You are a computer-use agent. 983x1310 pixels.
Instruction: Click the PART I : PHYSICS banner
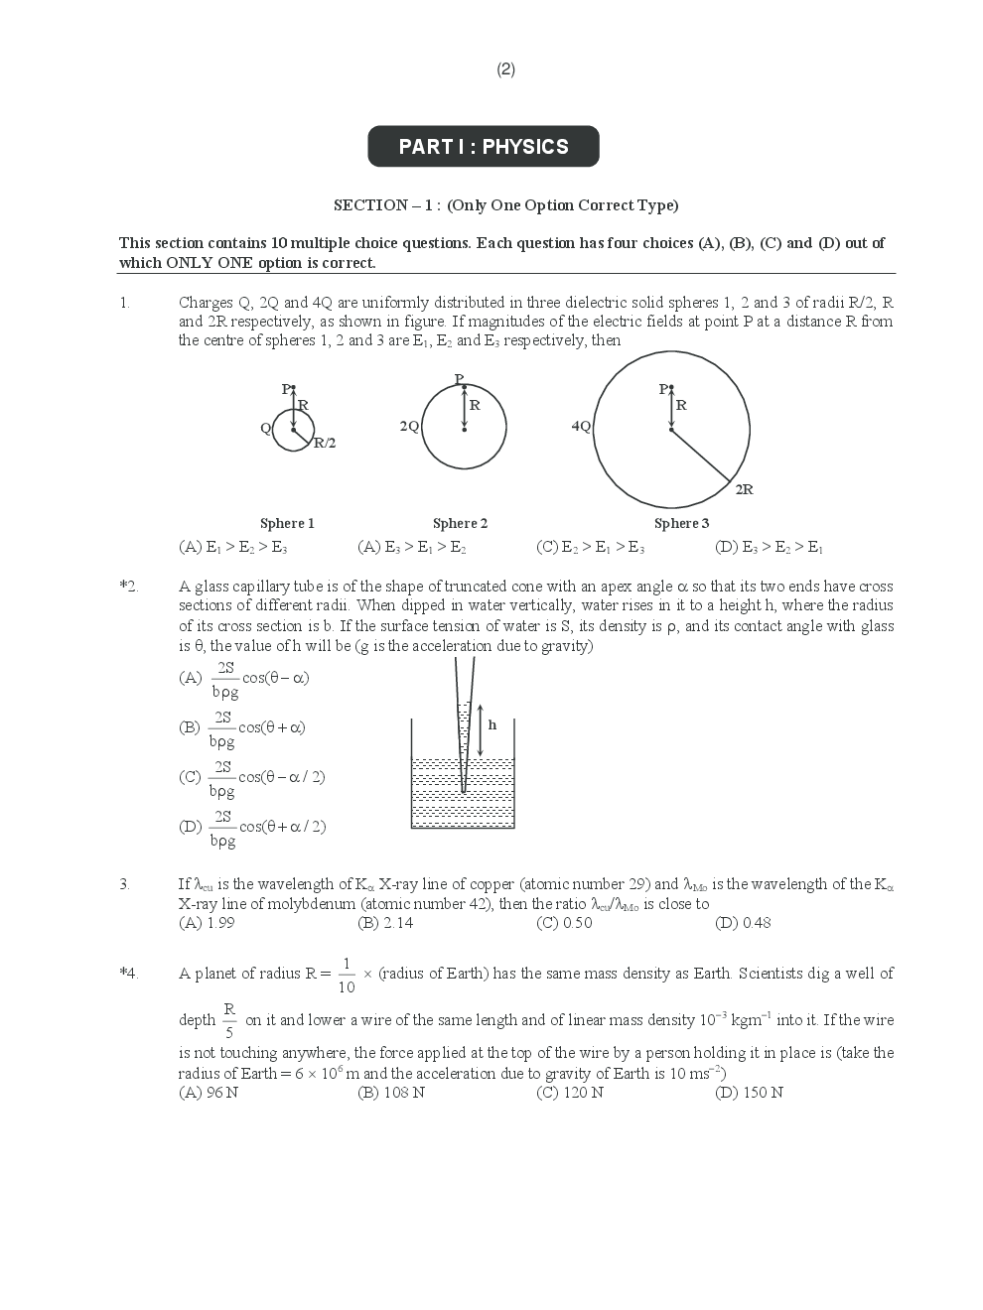click(x=484, y=147)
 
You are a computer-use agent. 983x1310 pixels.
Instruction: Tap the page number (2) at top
click(x=506, y=69)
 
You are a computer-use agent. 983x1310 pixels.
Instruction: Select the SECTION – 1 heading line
click(x=505, y=205)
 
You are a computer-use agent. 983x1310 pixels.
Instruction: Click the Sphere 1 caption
click(x=287, y=523)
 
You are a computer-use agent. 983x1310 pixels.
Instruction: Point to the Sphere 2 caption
click(x=460, y=523)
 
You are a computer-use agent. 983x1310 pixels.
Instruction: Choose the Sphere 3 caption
click(x=681, y=523)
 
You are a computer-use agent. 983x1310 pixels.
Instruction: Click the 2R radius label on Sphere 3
click(x=744, y=489)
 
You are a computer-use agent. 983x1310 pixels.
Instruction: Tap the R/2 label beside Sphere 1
click(x=325, y=444)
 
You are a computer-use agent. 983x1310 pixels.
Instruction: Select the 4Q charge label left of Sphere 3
click(x=581, y=426)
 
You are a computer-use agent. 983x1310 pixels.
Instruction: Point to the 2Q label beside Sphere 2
click(x=409, y=426)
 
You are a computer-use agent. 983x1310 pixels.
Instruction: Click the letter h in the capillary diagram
click(x=492, y=725)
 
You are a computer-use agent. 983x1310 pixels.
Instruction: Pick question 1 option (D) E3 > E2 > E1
click(x=770, y=547)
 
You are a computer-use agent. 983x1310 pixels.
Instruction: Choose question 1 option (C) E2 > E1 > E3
click(x=590, y=547)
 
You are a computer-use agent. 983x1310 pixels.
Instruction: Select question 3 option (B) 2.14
click(x=385, y=923)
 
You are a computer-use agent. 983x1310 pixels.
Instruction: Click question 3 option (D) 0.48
click(x=743, y=923)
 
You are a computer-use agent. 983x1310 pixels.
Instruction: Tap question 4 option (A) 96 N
click(x=209, y=1093)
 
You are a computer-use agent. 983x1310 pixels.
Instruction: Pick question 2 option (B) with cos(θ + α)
click(x=243, y=728)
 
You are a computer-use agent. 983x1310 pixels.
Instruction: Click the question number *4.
click(x=128, y=974)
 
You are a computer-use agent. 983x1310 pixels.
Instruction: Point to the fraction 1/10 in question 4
click(x=346, y=975)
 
